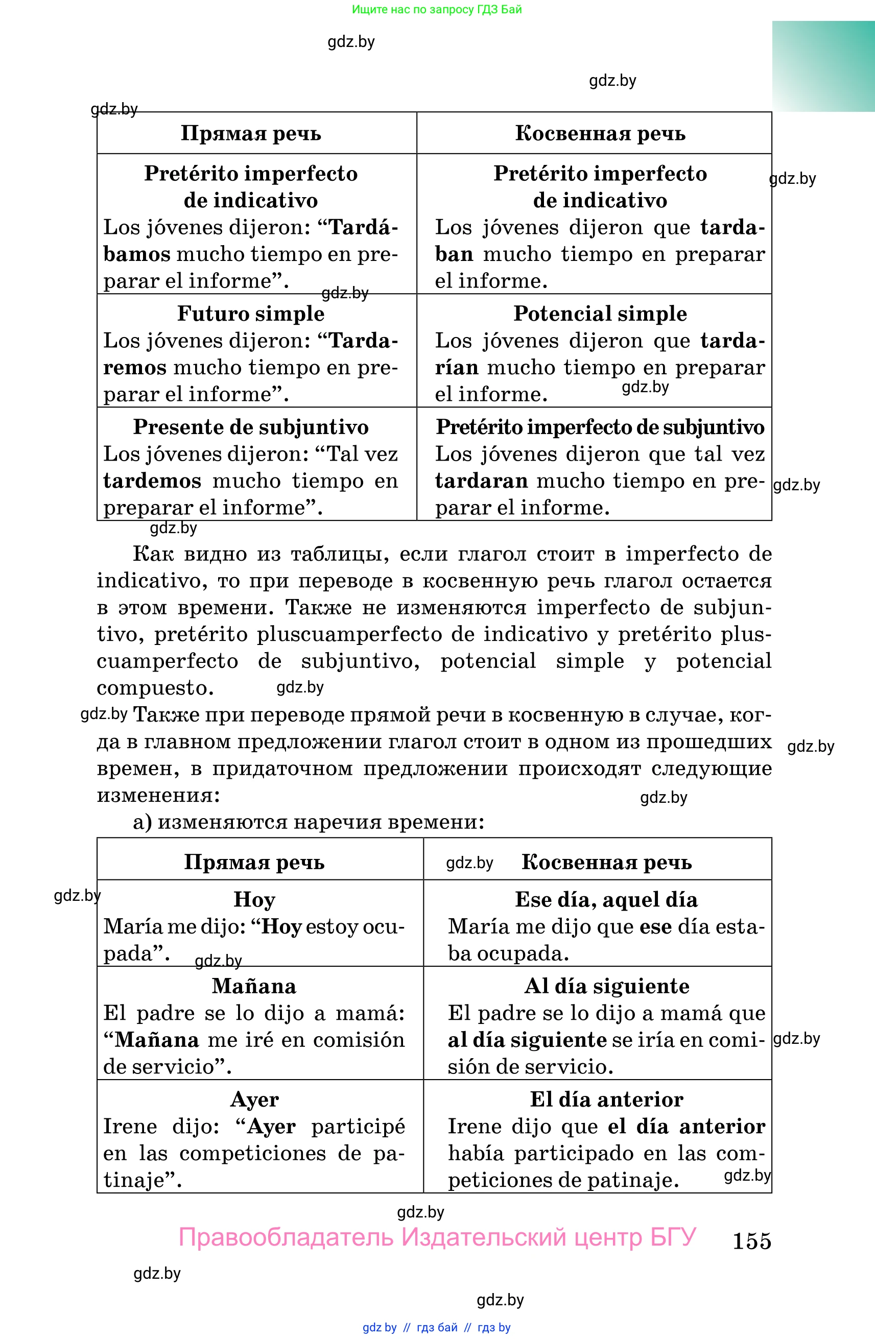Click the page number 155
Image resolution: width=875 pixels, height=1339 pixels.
(751, 1240)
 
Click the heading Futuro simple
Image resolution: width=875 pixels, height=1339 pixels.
(251, 314)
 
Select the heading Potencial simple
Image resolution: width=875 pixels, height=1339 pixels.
(600, 314)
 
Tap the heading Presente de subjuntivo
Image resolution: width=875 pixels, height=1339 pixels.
(251, 427)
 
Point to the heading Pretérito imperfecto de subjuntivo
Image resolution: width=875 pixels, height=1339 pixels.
(600, 427)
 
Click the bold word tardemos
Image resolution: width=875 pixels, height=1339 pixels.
(152, 481)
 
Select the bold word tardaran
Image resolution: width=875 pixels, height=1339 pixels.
(481, 481)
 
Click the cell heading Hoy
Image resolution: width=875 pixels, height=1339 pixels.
(254, 900)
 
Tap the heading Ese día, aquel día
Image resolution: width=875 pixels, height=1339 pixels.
(606, 900)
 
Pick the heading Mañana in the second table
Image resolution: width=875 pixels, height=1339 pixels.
(254, 986)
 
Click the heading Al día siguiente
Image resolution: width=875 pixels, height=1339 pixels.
(607, 986)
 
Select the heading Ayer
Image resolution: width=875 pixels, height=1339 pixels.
(254, 1099)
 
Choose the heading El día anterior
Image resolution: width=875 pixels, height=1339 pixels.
(607, 1099)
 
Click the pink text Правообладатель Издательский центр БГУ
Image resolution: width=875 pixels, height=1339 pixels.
(437, 1237)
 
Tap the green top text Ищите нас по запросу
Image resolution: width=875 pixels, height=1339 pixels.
(437, 9)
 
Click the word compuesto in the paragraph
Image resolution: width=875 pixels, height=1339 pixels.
(155, 688)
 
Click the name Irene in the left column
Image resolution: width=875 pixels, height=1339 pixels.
(130, 1127)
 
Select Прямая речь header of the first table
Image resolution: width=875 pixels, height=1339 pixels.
(251, 133)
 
